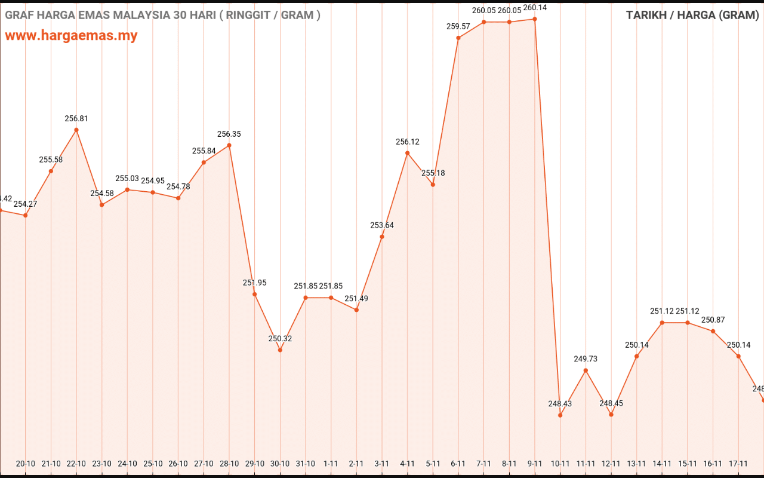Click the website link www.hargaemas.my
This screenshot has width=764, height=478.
(71, 36)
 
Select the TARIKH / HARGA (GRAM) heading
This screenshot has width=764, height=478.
(692, 15)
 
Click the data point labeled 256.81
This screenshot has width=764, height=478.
(76, 130)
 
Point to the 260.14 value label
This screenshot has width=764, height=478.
(535, 8)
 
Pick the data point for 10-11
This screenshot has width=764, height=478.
(560, 415)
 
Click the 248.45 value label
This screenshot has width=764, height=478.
(611, 403)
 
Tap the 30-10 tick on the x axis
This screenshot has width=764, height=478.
(280, 463)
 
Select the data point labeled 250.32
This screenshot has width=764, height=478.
(280, 350)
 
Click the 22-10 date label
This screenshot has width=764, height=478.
(76, 463)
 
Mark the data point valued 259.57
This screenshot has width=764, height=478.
(458, 38)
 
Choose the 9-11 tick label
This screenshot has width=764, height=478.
(535, 463)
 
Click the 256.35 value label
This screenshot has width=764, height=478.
(229, 134)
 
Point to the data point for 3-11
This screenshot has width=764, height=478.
(382, 237)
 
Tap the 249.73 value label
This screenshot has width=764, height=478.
(586, 359)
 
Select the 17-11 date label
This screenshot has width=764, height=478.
(738, 463)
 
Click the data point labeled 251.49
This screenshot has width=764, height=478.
(356, 310)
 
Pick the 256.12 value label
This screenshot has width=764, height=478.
(408, 142)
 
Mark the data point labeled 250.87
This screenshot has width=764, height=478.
(713, 331)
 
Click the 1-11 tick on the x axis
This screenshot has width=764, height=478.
(331, 463)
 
